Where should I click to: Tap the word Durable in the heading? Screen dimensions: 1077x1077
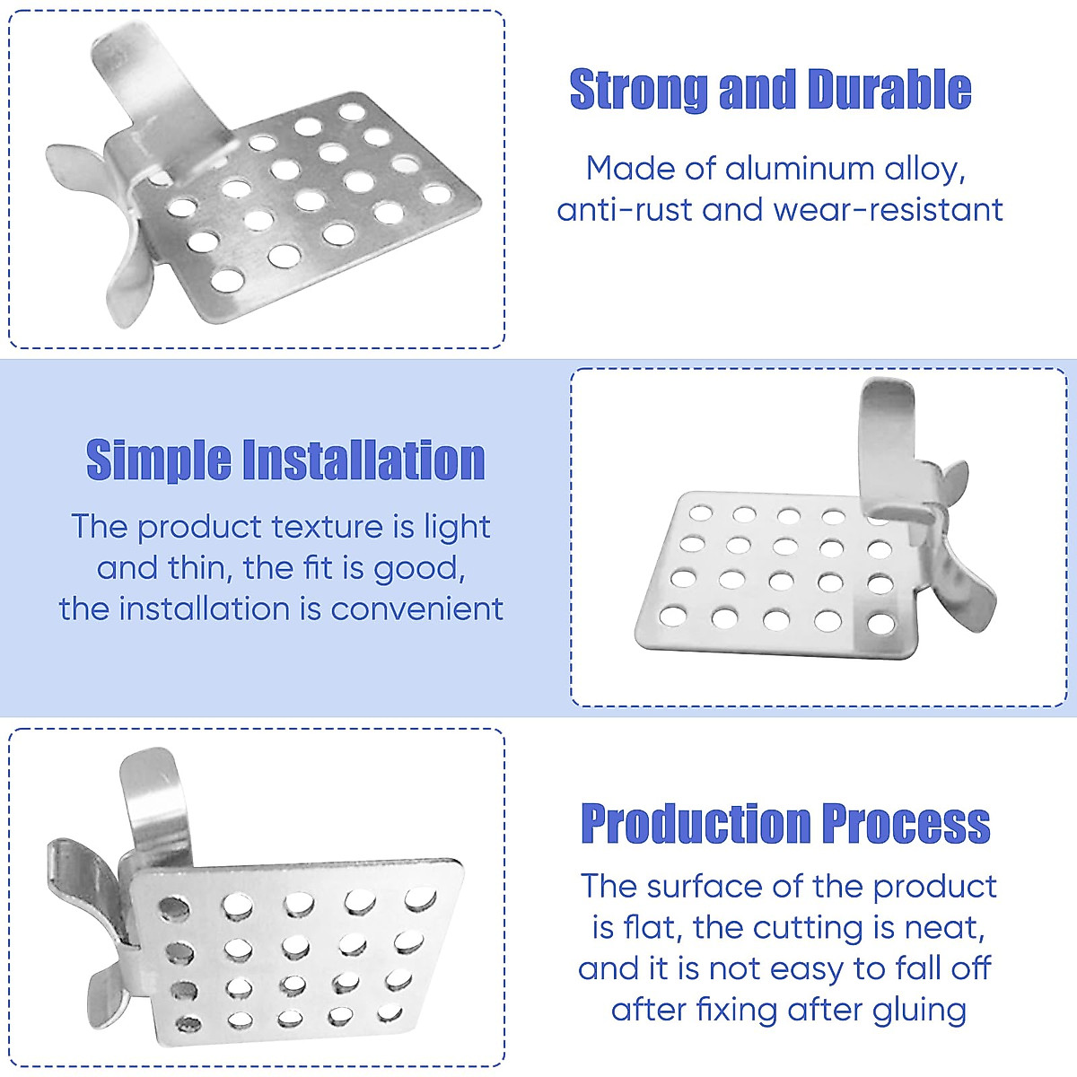point(889,89)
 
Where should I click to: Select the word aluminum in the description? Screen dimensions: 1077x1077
point(800,168)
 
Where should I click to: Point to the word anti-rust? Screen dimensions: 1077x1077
point(625,210)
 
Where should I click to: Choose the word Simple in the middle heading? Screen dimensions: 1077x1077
point(159,460)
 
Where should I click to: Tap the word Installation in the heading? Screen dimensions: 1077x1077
point(363,460)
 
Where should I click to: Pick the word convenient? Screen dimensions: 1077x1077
point(417,609)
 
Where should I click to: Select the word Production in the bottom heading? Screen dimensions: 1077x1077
point(696,823)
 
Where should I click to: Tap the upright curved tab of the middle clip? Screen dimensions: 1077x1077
point(889,447)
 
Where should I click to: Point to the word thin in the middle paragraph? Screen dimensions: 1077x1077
point(203,568)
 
